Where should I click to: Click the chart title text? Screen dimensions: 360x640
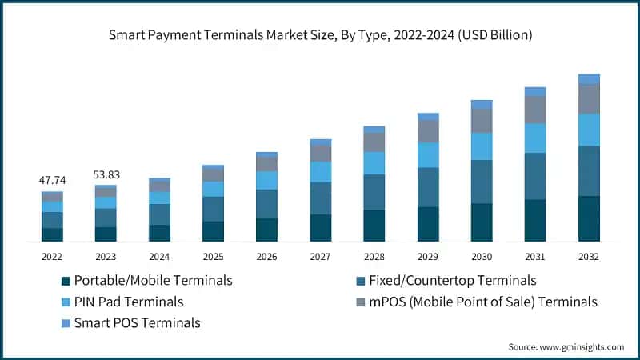320,35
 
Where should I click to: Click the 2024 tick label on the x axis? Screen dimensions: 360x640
159,257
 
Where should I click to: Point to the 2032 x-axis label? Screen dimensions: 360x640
589,257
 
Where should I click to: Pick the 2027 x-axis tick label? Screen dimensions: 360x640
320,257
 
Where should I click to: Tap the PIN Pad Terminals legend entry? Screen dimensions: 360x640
128,302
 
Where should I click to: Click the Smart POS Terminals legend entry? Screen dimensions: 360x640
137,323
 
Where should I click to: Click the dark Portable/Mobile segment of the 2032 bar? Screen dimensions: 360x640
589,218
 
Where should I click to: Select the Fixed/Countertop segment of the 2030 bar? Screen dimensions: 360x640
482,182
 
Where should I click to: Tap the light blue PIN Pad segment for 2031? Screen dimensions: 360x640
535,138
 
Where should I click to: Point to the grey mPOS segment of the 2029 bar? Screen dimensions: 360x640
428,131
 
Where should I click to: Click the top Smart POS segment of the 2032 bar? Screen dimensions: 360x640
589,78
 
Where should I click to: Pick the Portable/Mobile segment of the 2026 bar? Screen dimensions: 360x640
266,230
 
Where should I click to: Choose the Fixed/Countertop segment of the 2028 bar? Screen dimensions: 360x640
374,192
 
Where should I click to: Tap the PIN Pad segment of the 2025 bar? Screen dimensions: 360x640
213,189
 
